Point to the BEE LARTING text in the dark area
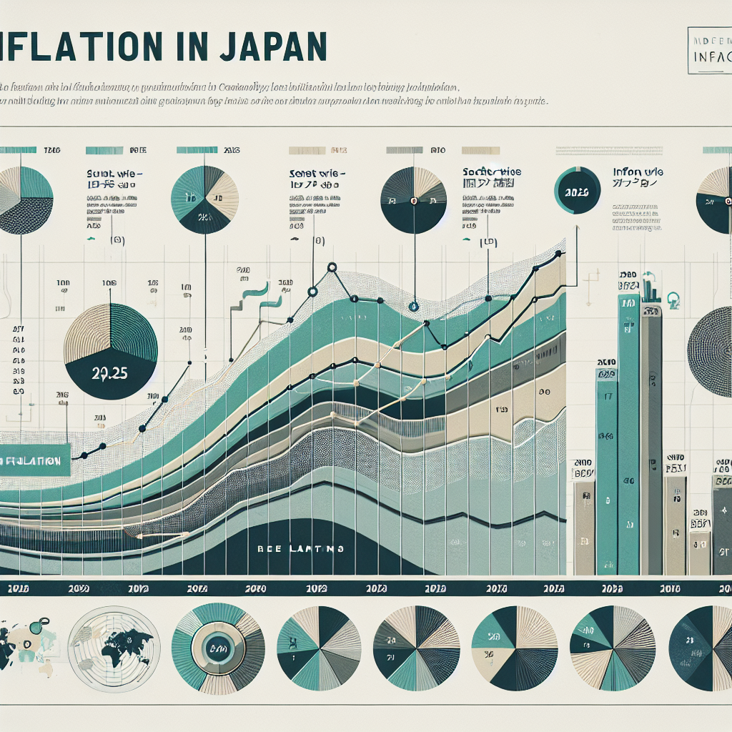300,549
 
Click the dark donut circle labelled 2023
576,191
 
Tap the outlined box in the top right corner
708,51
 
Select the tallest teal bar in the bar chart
628,429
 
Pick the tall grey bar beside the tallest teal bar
651,436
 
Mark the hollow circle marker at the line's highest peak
332,267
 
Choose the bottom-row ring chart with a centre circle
219,648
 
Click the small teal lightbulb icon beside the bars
672,298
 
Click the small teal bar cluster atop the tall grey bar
651,290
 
